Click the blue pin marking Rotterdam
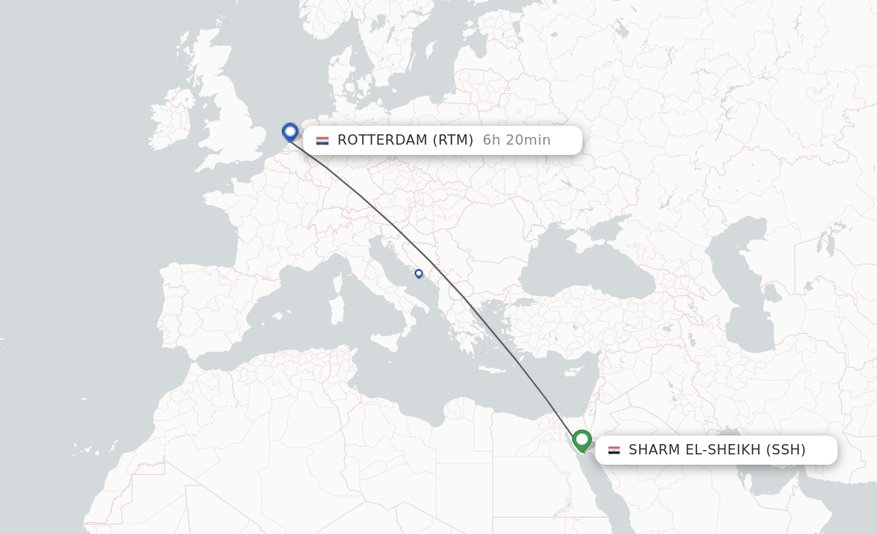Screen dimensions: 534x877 [290, 132]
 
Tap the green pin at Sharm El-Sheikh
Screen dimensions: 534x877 [582, 440]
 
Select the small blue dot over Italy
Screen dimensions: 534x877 [419, 274]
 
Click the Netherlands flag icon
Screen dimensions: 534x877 [322, 140]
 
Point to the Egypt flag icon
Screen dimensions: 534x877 [614, 450]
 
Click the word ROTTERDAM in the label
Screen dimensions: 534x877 [382, 140]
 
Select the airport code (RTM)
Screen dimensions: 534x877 [452, 140]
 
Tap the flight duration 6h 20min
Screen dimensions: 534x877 [516, 140]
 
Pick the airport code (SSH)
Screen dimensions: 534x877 [785, 450]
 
